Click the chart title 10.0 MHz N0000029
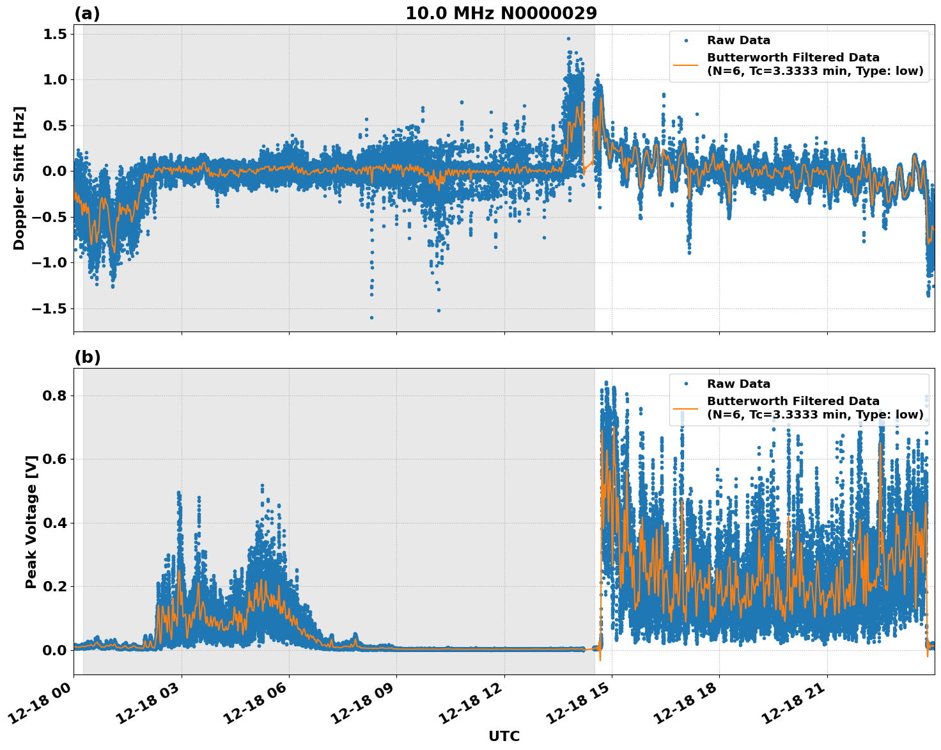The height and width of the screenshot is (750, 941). pyautogui.click(x=501, y=13)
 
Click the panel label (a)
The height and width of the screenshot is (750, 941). pyautogui.click(x=87, y=13)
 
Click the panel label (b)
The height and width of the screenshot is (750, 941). pyautogui.click(x=87, y=357)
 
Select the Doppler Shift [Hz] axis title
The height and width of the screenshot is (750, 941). pyautogui.click(x=19, y=178)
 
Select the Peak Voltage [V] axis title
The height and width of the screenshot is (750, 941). pyautogui.click(x=31, y=522)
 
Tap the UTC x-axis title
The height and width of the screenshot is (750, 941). pyautogui.click(x=504, y=736)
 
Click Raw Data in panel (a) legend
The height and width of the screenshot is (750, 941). pyautogui.click(x=738, y=40)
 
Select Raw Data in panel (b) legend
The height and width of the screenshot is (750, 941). pyautogui.click(x=738, y=384)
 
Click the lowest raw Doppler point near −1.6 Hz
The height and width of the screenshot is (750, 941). pyautogui.click(x=371, y=317)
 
